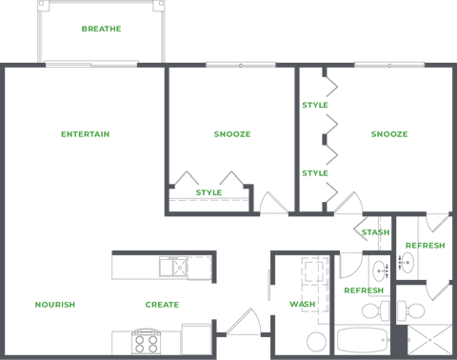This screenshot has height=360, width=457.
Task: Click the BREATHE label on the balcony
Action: tap(101, 30)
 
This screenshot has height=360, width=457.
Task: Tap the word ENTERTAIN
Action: tap(85, 134)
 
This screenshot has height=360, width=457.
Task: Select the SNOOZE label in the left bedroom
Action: tap(232, 134)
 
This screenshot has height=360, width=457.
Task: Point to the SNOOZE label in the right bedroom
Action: tap(389, 134)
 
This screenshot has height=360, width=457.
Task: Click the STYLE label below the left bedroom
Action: tap(209, 192)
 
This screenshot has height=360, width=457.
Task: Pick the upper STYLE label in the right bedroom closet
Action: tap(315, 105)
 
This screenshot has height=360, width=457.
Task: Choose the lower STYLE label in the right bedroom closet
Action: tap(315, 173)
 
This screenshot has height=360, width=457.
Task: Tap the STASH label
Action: tap(375, 231)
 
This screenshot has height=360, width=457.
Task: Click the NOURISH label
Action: tap(55, 304)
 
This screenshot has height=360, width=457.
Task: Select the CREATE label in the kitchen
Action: tap(162, 304)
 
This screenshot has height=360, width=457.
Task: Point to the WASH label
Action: tap(303, 305)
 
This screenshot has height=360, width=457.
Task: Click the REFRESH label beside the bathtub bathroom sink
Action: tap(364, 290)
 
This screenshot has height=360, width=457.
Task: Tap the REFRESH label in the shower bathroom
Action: tap(425, 246)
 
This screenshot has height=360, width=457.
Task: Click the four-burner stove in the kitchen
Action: tap(147, 340)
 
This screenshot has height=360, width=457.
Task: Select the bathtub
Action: tap(363, 340)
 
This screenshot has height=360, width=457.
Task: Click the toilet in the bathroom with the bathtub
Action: tap(372, 310)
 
